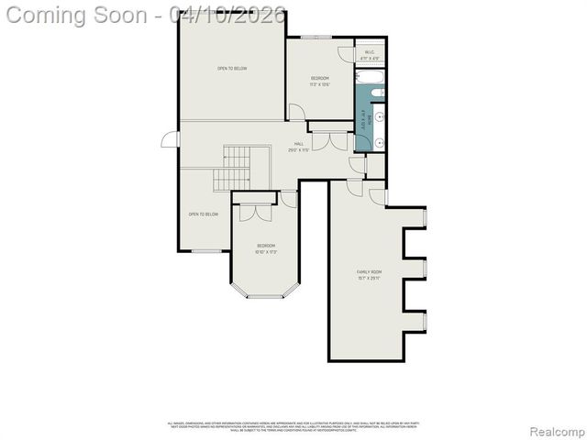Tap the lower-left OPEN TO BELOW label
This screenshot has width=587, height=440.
203,214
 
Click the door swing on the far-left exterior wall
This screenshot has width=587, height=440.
169,140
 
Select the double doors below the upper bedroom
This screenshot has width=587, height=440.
328,142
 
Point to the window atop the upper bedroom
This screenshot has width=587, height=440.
316,37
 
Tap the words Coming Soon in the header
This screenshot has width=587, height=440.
79,16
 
